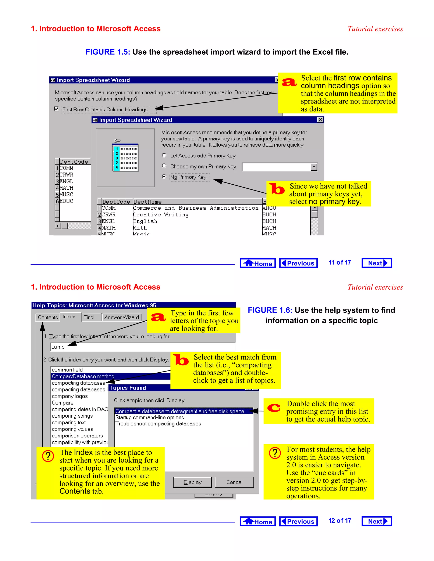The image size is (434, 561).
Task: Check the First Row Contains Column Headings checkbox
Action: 56,109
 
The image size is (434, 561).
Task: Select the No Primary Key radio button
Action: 164,177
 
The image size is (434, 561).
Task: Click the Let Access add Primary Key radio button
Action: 164,155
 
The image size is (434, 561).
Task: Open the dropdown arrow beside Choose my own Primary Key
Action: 314,167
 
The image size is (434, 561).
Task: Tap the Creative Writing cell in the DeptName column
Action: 161,215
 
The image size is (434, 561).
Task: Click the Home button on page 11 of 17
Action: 258,263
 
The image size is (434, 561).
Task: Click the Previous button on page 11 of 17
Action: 298,263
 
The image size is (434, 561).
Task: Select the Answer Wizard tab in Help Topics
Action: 121,317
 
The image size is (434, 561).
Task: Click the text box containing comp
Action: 142,347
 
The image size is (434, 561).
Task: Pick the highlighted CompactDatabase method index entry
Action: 83,376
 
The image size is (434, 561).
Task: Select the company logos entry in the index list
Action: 70,396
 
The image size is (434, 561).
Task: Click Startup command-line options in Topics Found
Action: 149,417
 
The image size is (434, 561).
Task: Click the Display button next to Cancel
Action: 192,482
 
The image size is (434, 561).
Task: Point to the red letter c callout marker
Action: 274,408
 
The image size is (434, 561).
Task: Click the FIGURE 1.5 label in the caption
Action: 107,52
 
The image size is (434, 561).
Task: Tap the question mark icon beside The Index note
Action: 48,456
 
